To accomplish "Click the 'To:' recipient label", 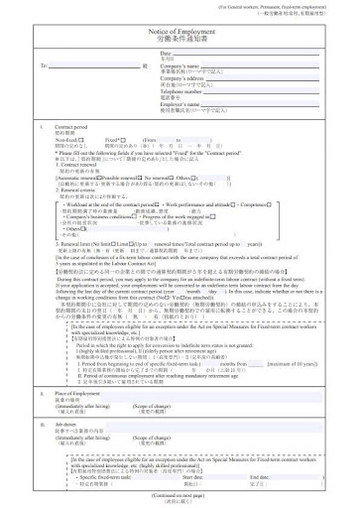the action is (x=44, y=65).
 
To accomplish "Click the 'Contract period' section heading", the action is (x=72, y=129).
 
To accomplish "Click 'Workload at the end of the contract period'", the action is (x=116, y=205).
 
